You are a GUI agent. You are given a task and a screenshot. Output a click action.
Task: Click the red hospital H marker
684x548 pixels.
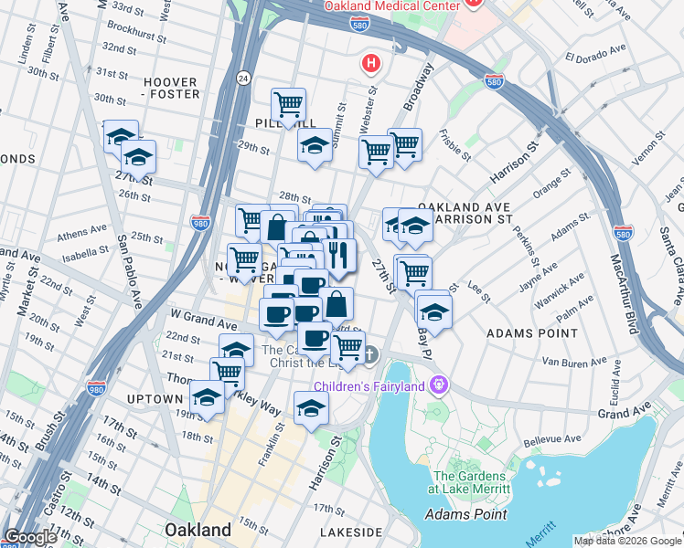coord(370,64)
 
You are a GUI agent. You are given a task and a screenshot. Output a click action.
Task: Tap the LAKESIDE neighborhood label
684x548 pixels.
coord(351,532)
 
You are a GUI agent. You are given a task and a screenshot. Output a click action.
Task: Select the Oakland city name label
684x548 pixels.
coord(198,530)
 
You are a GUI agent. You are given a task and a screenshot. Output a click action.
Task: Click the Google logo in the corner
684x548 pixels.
coord(31,538)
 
